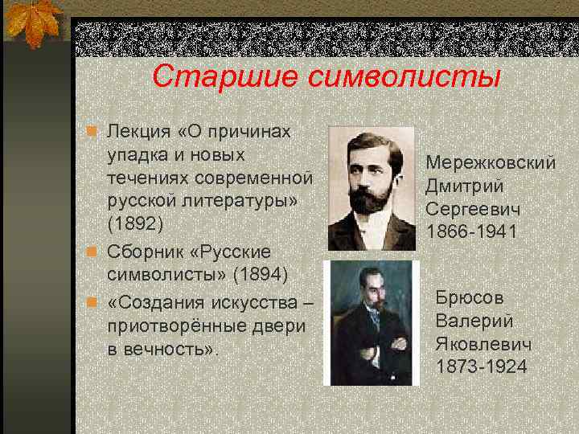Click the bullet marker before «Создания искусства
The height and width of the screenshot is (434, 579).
(92, 302)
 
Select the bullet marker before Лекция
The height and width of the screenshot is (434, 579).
(92, 132)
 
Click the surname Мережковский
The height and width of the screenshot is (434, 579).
(491, 163)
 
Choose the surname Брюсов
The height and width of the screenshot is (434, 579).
(470, 297)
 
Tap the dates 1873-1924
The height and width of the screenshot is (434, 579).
(482, 366)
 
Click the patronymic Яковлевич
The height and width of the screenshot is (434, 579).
(482, 343)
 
